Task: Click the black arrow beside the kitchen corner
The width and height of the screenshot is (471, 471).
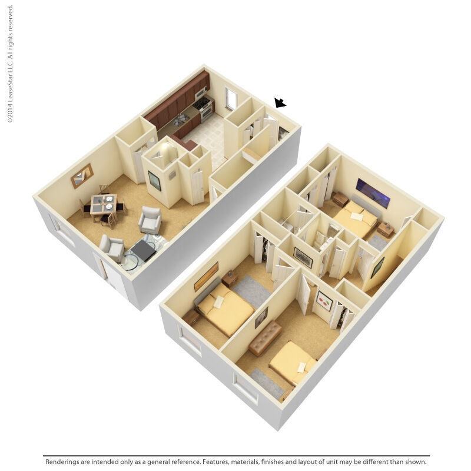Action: (280, 103)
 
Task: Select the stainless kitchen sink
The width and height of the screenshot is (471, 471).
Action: (181, 119)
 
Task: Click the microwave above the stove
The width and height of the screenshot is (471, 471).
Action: (200, 92)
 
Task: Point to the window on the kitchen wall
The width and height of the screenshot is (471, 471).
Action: (231, 99)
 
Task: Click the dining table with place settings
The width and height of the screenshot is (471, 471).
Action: (104, 204)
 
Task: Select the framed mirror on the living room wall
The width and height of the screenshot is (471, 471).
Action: (82, 175)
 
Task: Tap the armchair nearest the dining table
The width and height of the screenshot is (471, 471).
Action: (150, 220)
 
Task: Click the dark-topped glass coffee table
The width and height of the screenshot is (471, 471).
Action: (143, 250)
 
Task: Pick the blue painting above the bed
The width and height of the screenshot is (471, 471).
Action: (373, 193)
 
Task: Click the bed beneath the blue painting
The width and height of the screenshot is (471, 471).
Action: (355, 220)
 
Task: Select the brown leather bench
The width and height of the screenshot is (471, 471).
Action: (265, 338)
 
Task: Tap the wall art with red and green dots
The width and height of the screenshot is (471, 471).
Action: (324, 301)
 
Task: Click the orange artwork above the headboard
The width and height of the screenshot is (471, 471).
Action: (206, 276)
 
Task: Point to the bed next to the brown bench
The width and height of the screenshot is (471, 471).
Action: (293, 362)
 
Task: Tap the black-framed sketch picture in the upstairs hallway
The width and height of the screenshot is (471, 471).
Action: (303, 257)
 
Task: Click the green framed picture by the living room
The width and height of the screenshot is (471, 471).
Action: (154, 181)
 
